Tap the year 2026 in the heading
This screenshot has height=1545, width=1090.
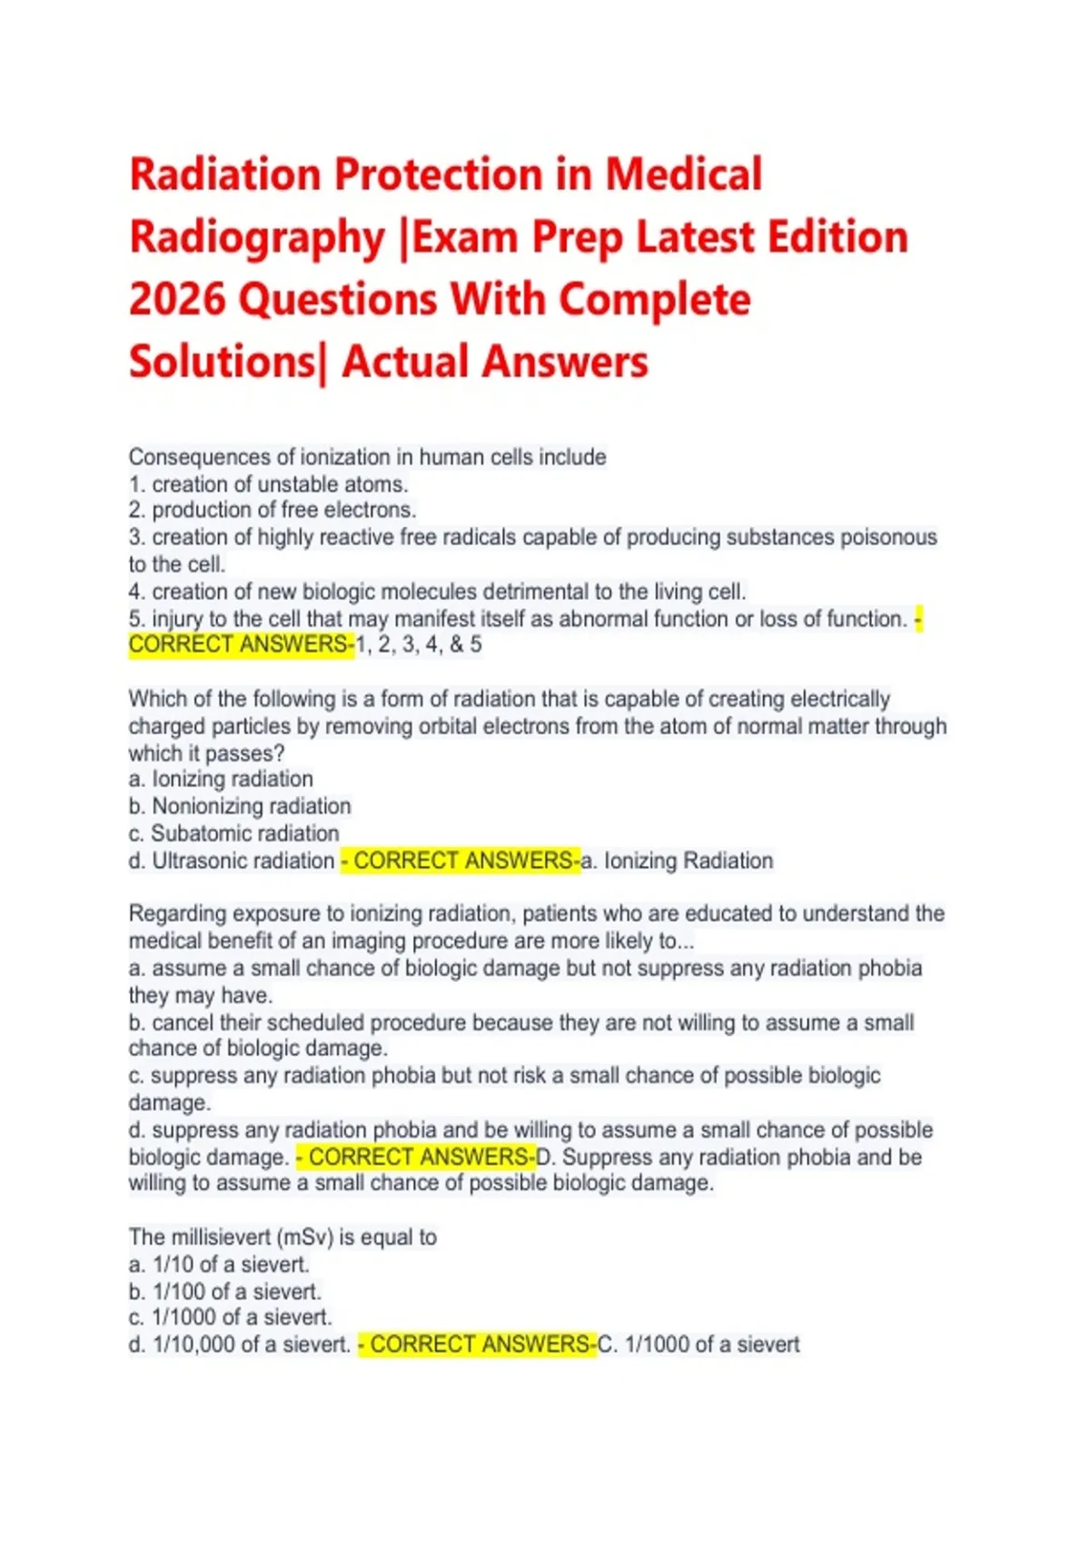click(x=177, y=300)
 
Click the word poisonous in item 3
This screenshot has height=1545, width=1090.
click(x=888, y=537)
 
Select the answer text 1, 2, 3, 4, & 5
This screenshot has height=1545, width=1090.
click(x=420, y=645)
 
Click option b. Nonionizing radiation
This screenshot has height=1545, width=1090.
click(x=240, y=806)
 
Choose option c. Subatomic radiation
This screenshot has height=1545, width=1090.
click(x=234, y=833)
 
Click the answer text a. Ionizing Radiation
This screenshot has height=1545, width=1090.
click(x=678, y=861)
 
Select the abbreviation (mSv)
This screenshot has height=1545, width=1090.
click(x=304, y=1237)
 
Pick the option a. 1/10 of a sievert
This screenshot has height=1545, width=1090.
click(x=219, y=1264)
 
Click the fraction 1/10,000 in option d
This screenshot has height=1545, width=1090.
click(x=193, y=1344)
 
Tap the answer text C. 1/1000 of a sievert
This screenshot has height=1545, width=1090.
click(x=699, y=1344)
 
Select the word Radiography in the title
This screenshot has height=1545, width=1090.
click(x=257, y=237)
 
